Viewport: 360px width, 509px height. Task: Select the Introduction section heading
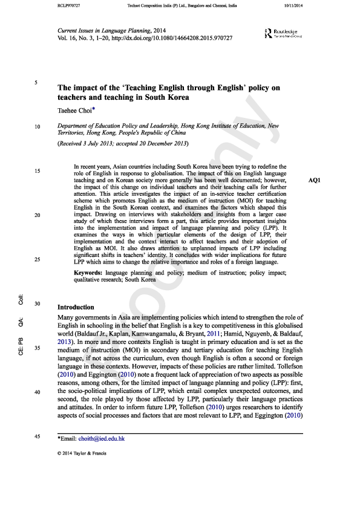click(x=76, y=307)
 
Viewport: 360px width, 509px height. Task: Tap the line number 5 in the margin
click(x=37, y=82)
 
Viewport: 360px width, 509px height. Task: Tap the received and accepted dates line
click(x=123, y=144)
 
